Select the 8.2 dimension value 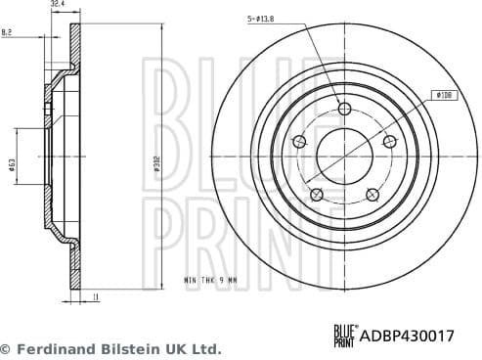[8, 33]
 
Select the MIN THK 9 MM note [209, 280]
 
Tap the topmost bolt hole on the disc [344, 109]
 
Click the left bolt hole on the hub [299, 143]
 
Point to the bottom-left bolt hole [316, 195]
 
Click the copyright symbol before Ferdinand [6, 348]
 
